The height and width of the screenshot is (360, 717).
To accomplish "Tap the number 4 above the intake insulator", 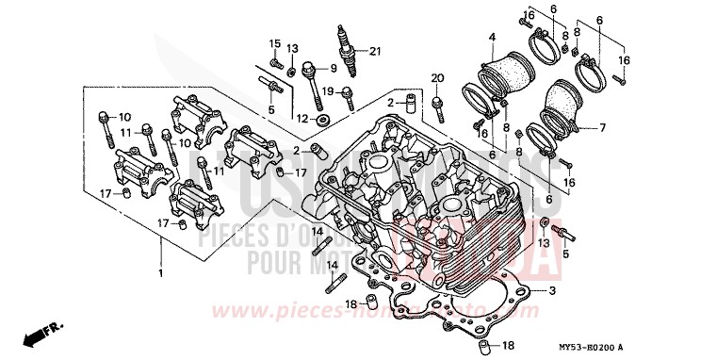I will [492, 37].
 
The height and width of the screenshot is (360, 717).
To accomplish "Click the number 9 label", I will [332, 69].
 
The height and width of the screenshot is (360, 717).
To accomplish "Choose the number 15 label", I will [275, 43].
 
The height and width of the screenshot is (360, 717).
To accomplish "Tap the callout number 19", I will [327, 90].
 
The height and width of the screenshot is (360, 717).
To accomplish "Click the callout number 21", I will [375, 50].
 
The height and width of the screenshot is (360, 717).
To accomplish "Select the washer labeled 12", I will [323, 121].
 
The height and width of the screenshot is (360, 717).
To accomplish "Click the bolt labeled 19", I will [349, 94].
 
